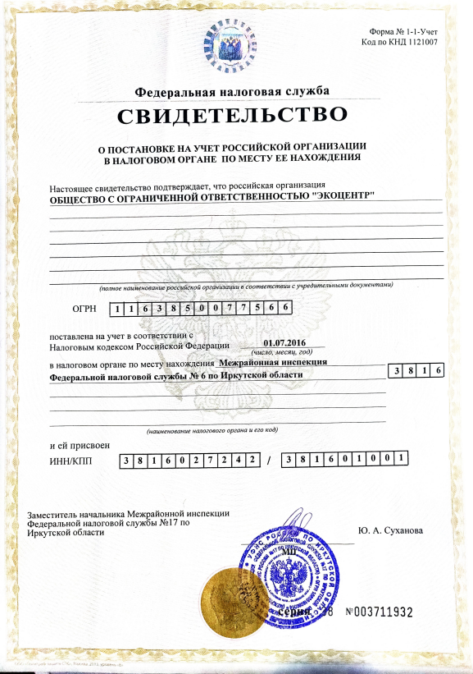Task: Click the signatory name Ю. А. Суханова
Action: [391, 530]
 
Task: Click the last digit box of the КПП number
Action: [402, 460]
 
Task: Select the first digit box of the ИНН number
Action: [127, 461]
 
